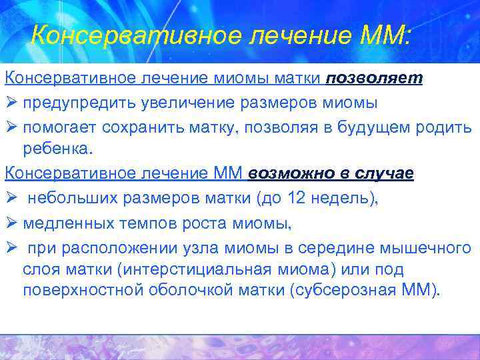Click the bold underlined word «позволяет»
374,79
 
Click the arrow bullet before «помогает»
10,127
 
